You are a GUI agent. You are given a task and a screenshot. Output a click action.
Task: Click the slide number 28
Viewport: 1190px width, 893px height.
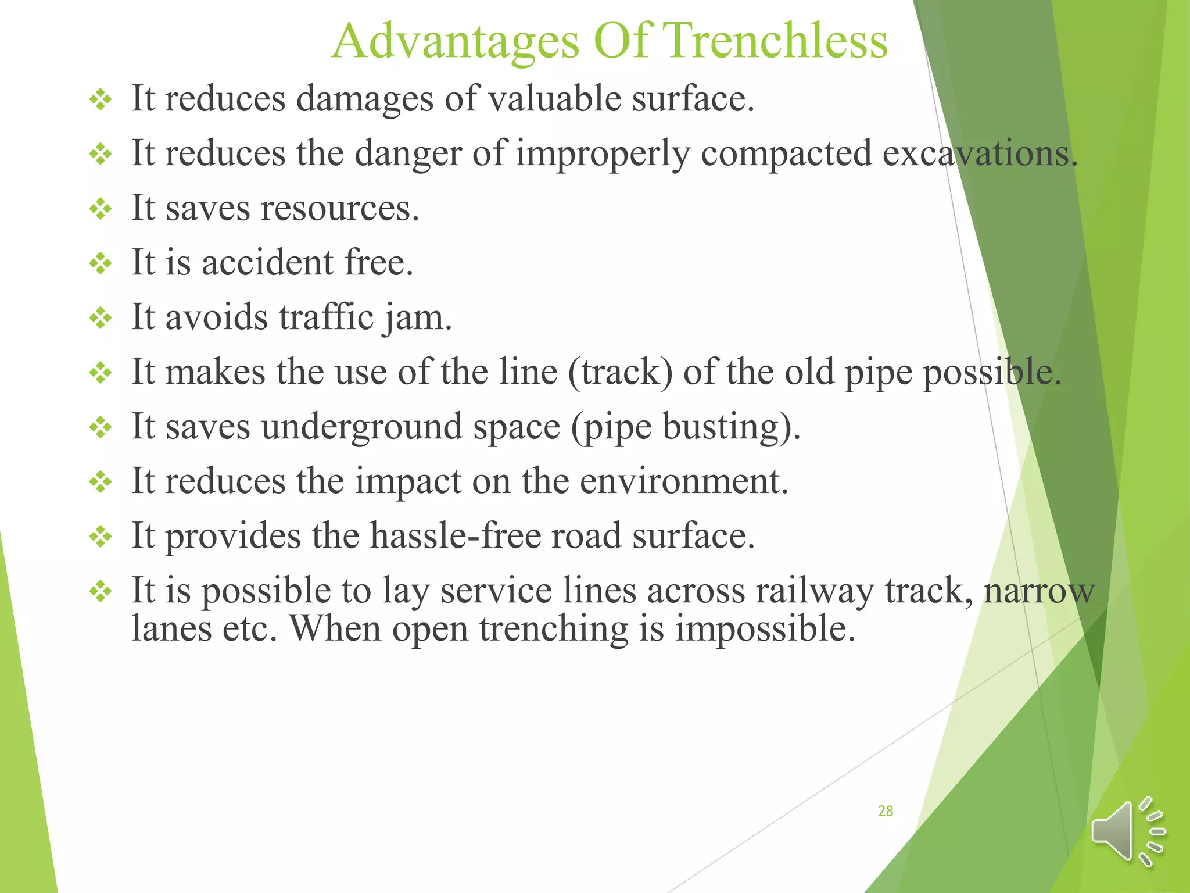click(885, 811)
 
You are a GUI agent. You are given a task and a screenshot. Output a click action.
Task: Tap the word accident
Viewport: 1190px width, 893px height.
click(267, 262)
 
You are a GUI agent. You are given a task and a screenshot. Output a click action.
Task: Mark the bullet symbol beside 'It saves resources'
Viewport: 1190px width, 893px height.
click(101, 209)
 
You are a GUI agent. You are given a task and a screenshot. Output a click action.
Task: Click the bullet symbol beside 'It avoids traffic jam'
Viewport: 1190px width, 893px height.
click(101, 319)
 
